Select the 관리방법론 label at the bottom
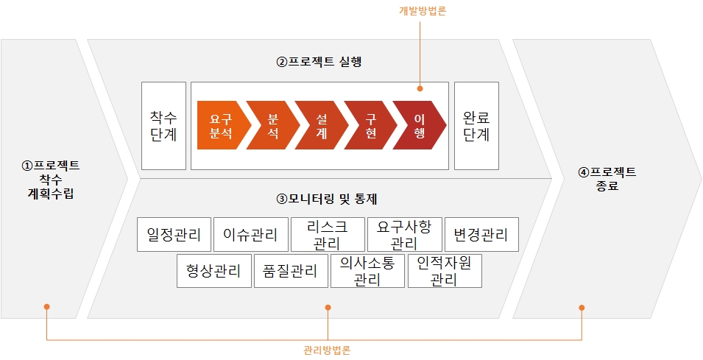click(327, 350)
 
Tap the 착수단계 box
click(163, 126)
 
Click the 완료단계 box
click(476, 126)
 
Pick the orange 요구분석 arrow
click(219, 127)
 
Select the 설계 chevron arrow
click(321, 127)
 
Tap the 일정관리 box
click(174, 235)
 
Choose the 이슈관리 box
click(250, 235)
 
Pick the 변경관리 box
click(481, 235)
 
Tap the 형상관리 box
click(213, 271)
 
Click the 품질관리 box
click(290, 271)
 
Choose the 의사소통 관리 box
click(367, 271)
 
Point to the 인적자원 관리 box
click(444, 271)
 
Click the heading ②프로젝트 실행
click(319, 63)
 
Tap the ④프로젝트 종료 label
click(607, 179)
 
